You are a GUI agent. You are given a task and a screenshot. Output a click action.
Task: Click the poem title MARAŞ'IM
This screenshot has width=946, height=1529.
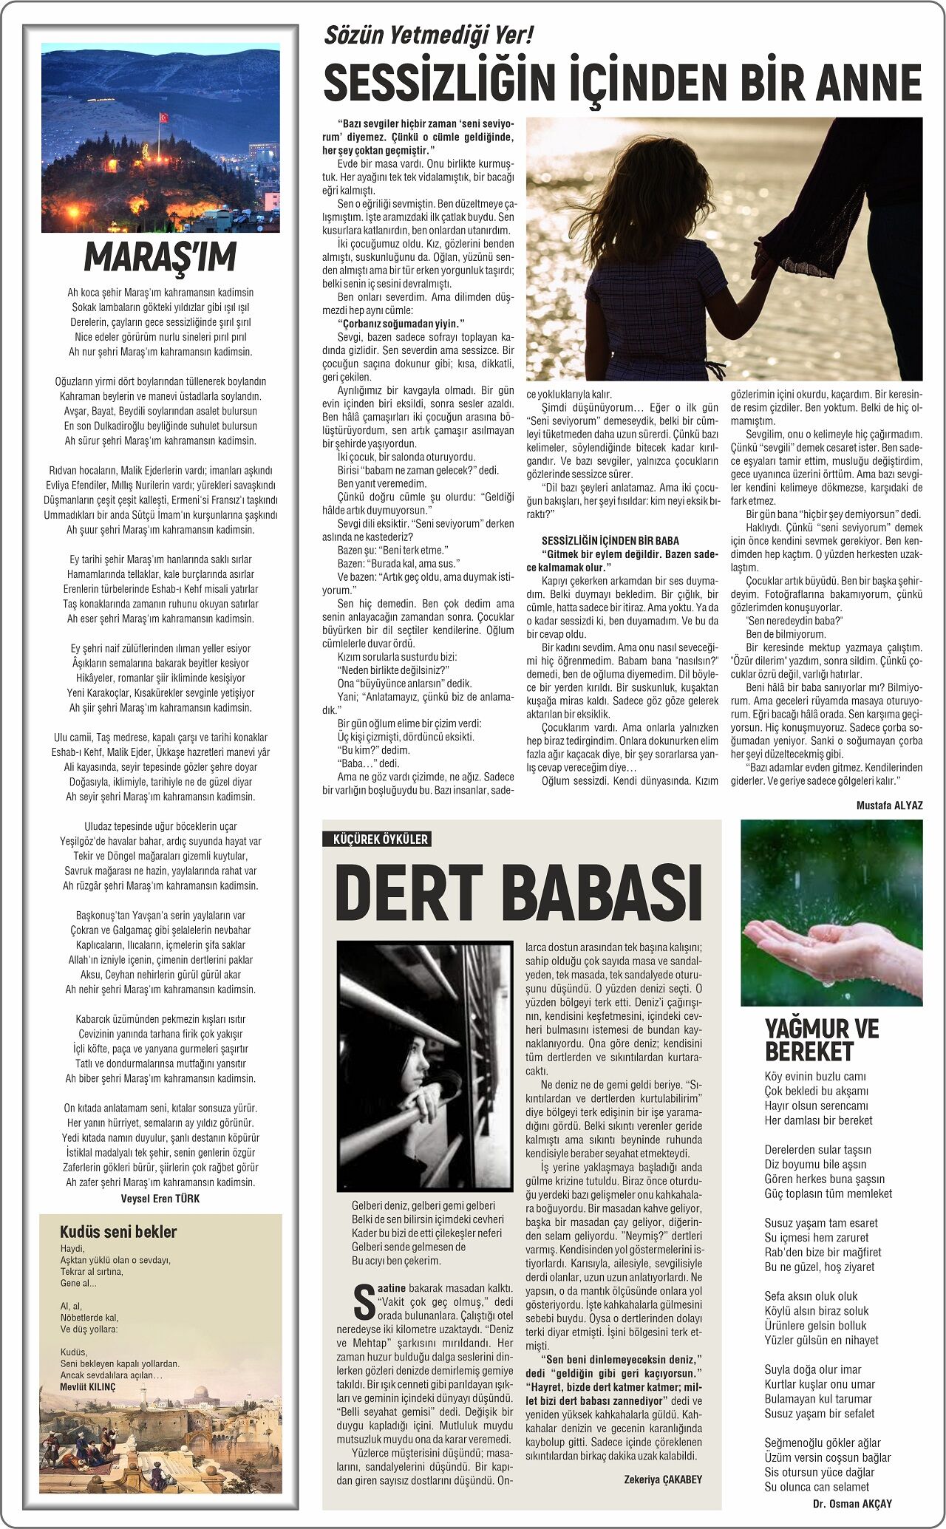pyautogui.click(x=160, y=256)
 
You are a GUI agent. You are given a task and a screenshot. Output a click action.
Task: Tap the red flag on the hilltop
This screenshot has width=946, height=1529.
pyautogui.click(x=163, y=118)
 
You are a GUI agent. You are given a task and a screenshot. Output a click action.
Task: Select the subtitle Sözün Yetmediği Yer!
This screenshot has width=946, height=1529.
pyautogui.click(x=429, y=35)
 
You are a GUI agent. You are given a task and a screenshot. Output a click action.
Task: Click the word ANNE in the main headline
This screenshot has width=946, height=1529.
pyautogui.click(x=868, y=82)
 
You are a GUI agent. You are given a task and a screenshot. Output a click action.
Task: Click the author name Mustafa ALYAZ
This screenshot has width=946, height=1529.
pyautogui.click(x=889, y=805)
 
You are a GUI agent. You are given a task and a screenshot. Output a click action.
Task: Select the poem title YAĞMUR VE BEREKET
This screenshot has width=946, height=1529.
pyautogui.click(x=821, y=1040)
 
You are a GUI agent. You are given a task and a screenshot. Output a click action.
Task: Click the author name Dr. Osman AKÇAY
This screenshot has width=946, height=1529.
pyautogui.click(x=852, y=1503)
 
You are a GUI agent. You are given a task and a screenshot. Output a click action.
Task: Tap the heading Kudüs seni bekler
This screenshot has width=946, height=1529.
pyautogui.click(x=118, y=1231)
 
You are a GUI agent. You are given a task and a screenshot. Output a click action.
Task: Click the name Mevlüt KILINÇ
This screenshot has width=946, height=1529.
pyautogui.click(x=87, y=1386)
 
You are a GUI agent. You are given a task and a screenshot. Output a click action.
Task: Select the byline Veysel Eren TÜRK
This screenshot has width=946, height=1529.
pyautogui.click(x=160, y=1198)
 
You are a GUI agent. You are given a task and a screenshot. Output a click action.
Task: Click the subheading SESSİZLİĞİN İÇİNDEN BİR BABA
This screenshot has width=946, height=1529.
pyautogui.click(x=610, y=540)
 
